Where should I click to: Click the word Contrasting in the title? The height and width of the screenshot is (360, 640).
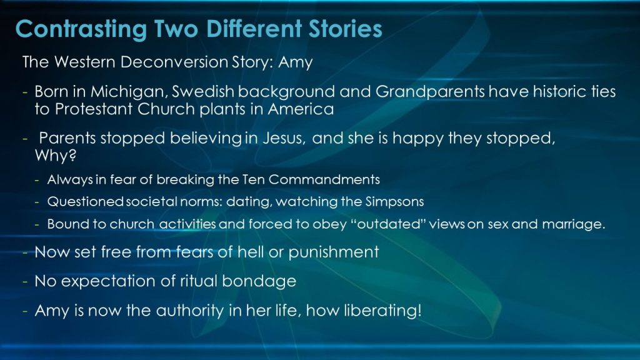point(81,29)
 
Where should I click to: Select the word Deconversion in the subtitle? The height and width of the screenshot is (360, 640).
point(174,62)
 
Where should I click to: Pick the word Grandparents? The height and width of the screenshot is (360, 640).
point(430,92)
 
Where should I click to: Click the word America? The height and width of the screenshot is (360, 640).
point(301,109)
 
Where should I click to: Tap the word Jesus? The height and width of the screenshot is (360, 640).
point(284,138)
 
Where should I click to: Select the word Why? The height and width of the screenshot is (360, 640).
point(56,156)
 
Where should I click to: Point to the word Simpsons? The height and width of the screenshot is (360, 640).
point(394,202)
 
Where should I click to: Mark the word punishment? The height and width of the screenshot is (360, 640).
point(334,252)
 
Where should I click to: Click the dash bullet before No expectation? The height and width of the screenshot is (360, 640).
point(25,282)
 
